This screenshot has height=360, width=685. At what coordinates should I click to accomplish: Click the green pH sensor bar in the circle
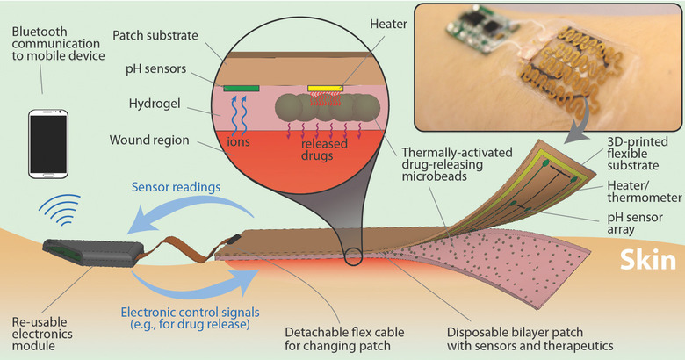[242, 88]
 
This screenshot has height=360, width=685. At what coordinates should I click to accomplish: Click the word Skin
[646, 261]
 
